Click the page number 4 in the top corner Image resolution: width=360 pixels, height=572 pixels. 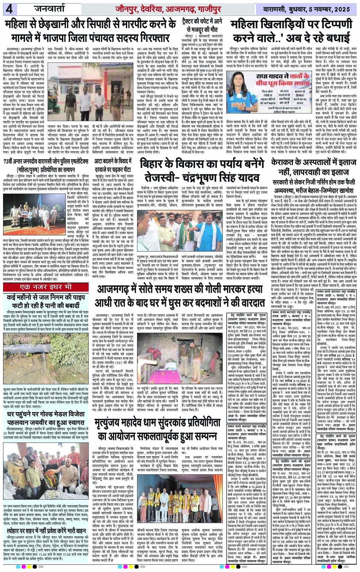click(9, 9)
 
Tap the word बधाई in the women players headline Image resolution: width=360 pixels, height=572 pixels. click(331, 38)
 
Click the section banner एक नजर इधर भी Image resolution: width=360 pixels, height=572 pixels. click(46, 287)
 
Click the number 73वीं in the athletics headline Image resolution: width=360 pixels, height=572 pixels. click(12, 161)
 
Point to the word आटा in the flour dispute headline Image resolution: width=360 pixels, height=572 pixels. click(101, 161)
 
